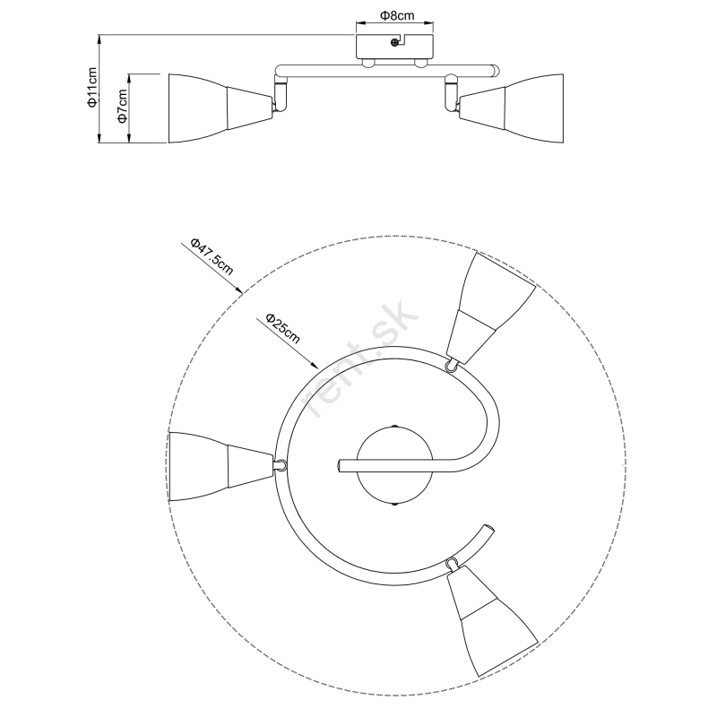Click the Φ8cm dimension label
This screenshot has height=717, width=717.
(x=397, y=16)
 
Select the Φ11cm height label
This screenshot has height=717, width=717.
(x=93, y=87)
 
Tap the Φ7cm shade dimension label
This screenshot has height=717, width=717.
(x=122, y=106)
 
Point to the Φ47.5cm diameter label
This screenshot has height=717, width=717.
(x=212, y=256)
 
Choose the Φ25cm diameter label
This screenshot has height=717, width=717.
(x=283, y=328)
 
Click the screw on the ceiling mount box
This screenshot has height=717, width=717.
(x=394, y=42)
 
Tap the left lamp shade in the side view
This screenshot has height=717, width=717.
(x=220, y=108)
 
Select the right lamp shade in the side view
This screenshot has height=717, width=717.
(x=511, y=108)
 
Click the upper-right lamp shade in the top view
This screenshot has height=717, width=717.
(x=490, y=307)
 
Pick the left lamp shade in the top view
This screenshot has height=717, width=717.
(x=220, y=466)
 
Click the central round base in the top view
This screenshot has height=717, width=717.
(x=394, y=465)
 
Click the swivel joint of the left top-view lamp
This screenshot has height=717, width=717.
(x=281, y=465)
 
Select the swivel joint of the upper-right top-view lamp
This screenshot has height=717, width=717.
(x=452, y=366)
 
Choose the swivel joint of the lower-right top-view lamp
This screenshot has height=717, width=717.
(x=453, y=562)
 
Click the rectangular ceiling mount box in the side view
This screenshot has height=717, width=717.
(x=394, y=47)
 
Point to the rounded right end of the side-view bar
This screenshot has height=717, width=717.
(x=496, y=72)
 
